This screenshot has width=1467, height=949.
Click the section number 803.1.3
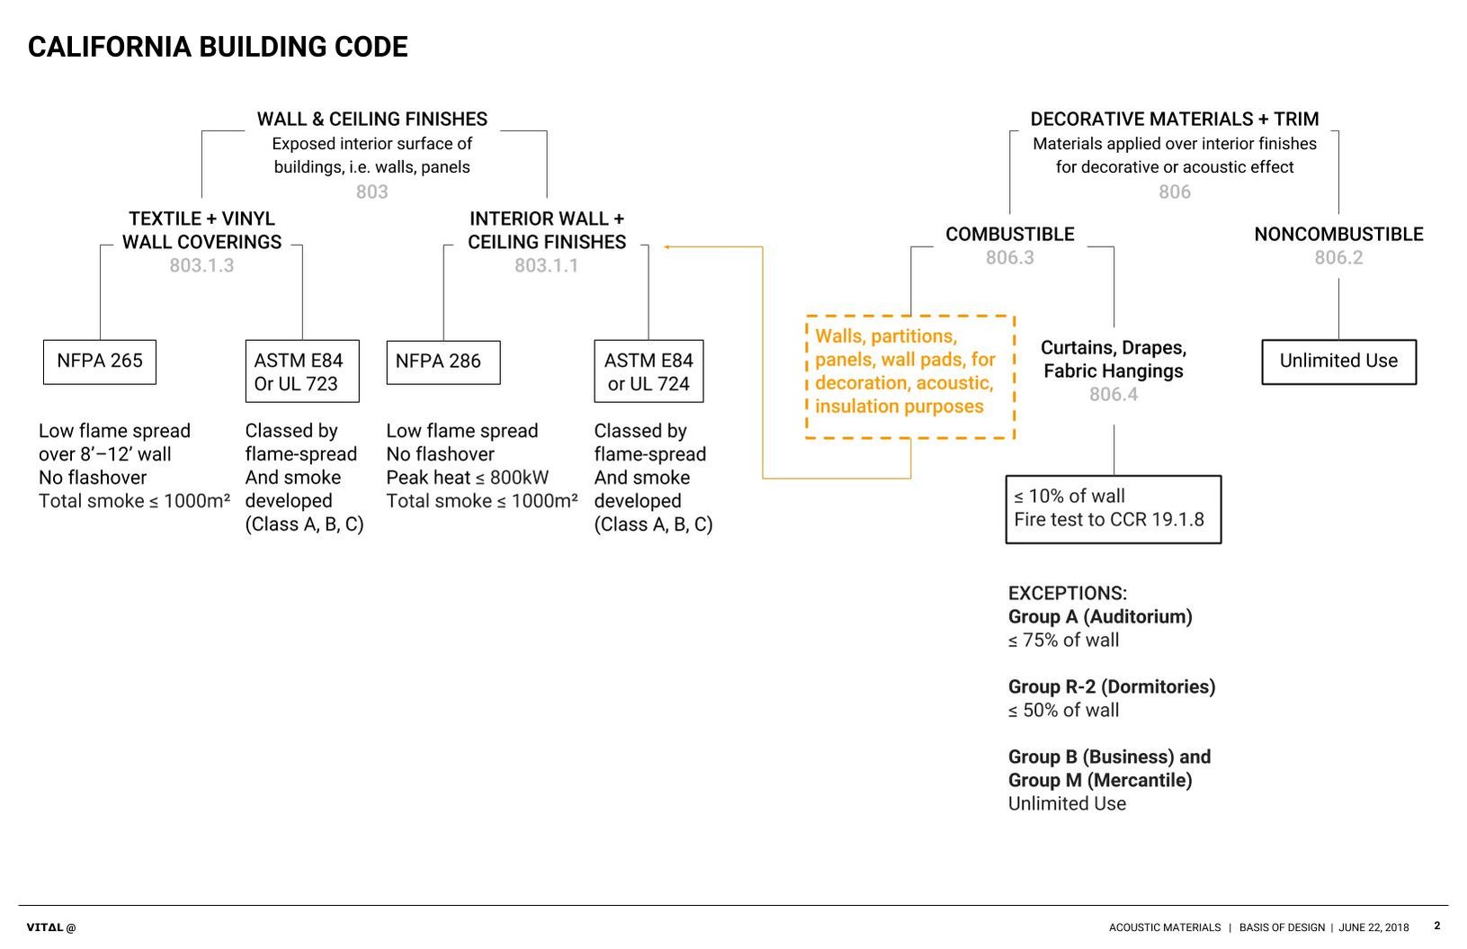coord(201,265)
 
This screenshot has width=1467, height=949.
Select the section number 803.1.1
coord(546,265)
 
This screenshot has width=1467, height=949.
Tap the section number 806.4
coord(1114,394)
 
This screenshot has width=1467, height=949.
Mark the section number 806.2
coord(1338,257)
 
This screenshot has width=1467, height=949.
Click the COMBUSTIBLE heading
coord(1009,235)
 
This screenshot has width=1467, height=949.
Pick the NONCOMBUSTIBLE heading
coord(1338,235)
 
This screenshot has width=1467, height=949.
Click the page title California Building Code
coord(218,47)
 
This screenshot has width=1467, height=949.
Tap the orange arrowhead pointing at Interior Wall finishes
coord(666,246)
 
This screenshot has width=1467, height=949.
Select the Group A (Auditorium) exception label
coord(1100,617)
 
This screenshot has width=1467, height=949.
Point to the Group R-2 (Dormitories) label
coord(1112,687)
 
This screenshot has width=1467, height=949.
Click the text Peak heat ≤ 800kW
coord(467,478)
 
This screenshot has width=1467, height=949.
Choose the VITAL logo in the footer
coord(51,927)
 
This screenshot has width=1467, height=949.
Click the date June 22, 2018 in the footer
coord(1373,927)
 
